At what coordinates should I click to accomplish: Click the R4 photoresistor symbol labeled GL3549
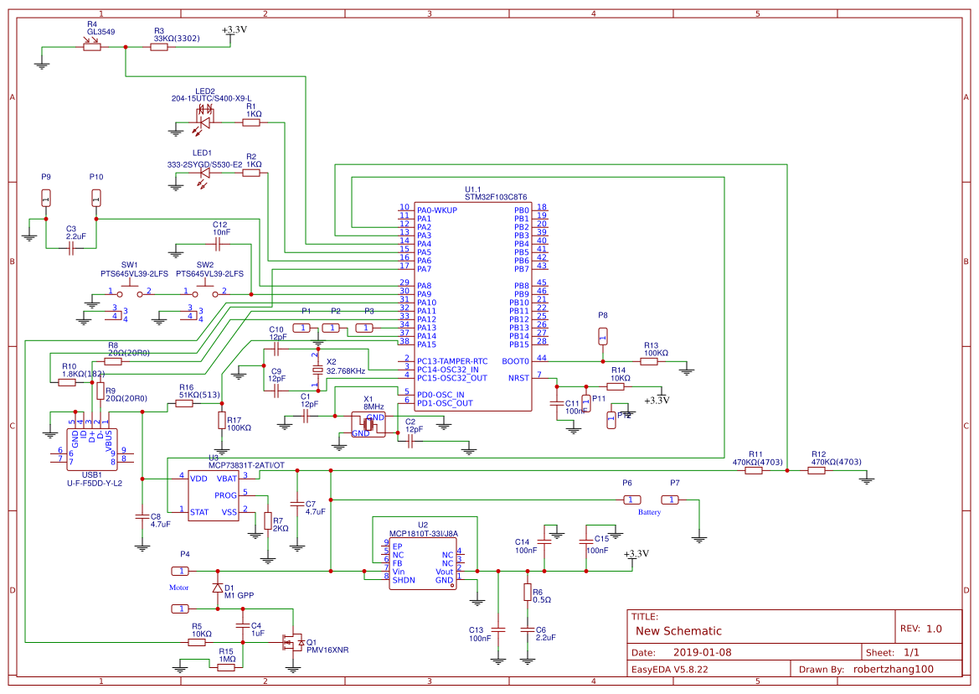click(x=92, y=47)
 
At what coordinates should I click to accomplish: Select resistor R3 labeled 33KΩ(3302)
click(x=160, y=48)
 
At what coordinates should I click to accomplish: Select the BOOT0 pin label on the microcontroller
click(x=515, y=361)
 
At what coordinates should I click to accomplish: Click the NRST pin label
click(x=518, y=378)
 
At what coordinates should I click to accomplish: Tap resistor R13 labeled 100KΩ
click(x=651, y=361)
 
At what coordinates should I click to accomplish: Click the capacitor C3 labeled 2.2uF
click(x=70, y=248)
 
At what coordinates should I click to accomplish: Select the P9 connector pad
click(x=46, y=199)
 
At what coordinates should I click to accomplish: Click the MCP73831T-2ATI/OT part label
click(x=247, y=464)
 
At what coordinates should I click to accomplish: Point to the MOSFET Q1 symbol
click(x=293, y=642)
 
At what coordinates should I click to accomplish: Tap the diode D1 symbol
click(x=218, y=588)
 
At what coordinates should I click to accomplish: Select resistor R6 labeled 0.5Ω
click(x=527, y=593)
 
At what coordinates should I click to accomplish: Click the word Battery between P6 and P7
click(x=649, y=512)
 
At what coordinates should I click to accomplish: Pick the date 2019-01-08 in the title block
click(x=702, y=652)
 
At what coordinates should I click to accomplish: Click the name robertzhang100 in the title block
click(x=893, y=669)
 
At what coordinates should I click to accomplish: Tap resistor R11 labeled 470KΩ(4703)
click(x=754, y=471)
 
